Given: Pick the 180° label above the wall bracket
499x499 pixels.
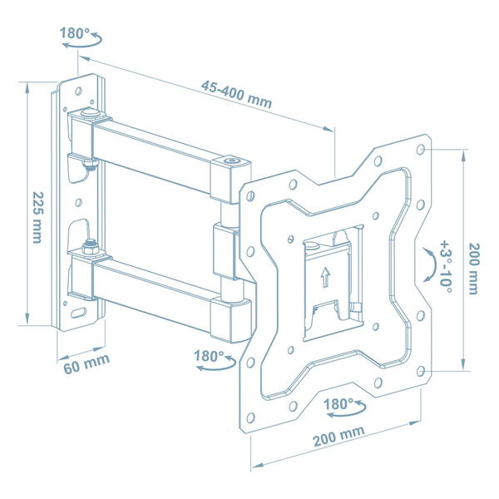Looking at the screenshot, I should pyautogui.click(x=75, y=34).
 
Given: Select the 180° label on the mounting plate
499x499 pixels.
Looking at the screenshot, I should pyautogui.click(x=339, y=404).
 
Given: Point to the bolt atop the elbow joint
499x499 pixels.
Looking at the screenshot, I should pyautogui.click(x=230, y=159).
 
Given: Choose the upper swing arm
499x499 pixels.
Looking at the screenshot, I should pyautogui.click(x=158, y=150).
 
